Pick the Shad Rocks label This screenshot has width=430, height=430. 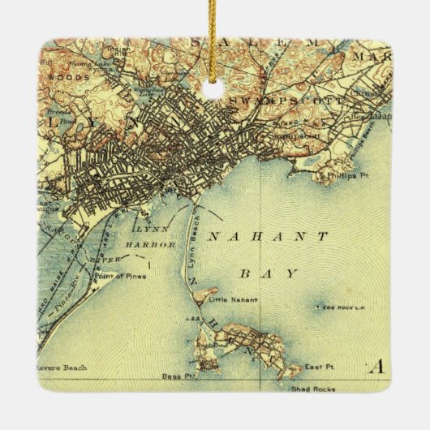tap(309, 387)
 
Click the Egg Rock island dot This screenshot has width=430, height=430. tap(318, 308)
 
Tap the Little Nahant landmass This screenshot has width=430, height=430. tap(204, 296)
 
